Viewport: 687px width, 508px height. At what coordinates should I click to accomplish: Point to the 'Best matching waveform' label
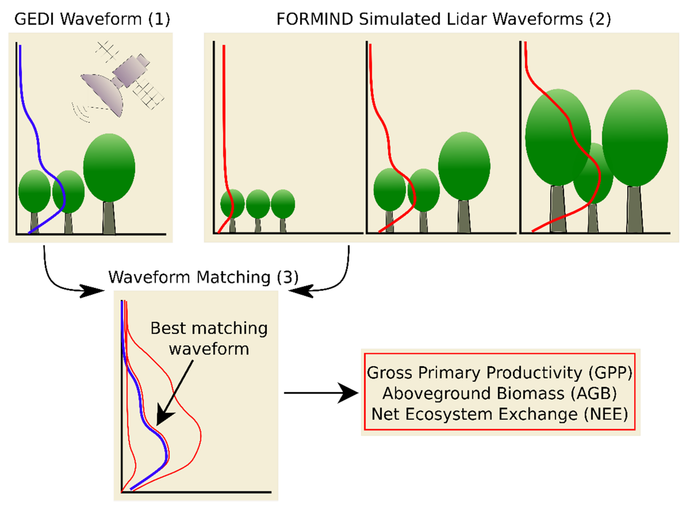(x=209, y=338)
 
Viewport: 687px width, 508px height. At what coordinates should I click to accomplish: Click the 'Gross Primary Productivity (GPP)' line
(x=499, y=373)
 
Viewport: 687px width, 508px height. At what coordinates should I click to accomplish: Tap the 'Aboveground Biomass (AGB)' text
(x=499, y=393)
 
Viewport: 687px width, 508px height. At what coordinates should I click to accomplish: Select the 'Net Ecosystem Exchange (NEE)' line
(x=499, y=414)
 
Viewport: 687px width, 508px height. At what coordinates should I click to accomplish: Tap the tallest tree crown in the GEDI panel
(x=109, y=168)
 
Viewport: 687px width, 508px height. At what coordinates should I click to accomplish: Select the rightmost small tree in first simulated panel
(x=283, y=204)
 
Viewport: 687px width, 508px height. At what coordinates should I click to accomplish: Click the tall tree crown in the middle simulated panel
(x=464, y=166)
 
